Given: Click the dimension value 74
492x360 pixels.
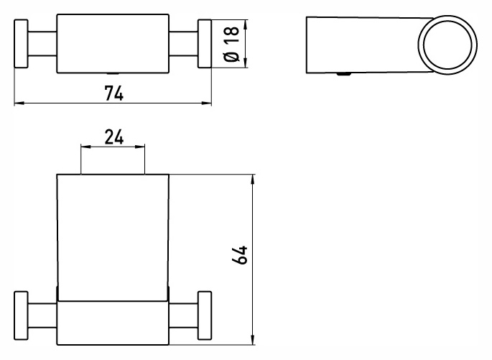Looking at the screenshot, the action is (114, 93).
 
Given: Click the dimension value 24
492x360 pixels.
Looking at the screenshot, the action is (114, 137).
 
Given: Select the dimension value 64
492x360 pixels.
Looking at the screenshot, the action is (240, 255).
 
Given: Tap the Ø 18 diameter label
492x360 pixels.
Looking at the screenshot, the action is (232, 44).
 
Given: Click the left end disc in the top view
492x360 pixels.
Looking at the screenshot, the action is (21, 44).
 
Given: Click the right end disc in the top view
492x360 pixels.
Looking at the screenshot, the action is (205, 44).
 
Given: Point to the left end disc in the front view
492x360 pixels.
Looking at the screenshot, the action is (21, 315).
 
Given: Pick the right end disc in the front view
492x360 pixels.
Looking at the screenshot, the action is (205, 315).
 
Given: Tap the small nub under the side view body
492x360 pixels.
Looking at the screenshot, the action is (344, 75).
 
